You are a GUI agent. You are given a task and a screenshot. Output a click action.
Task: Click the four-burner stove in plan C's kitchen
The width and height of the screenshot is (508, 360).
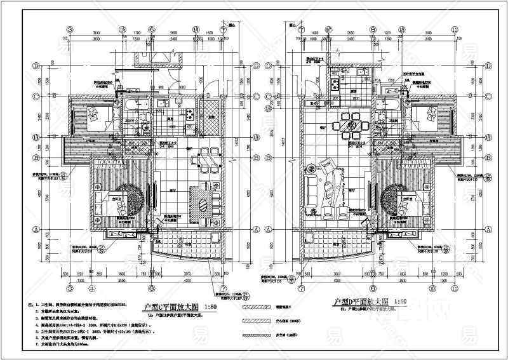coord(189,114)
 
